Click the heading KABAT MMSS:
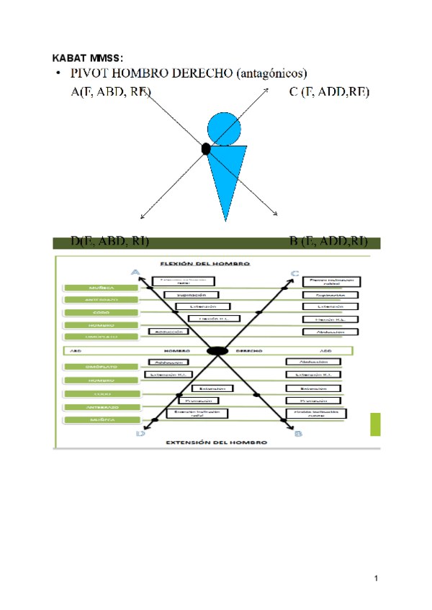click(89, 57)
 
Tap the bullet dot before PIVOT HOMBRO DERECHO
click(58, 74)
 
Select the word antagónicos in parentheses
click(274, 73)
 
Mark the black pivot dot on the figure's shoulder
click(206, 150)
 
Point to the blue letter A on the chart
click(135, 272)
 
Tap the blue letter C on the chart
click(295, 273)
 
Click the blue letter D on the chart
click(140, 433)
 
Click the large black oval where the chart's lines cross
click(217, 350)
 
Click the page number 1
click(376, 578)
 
